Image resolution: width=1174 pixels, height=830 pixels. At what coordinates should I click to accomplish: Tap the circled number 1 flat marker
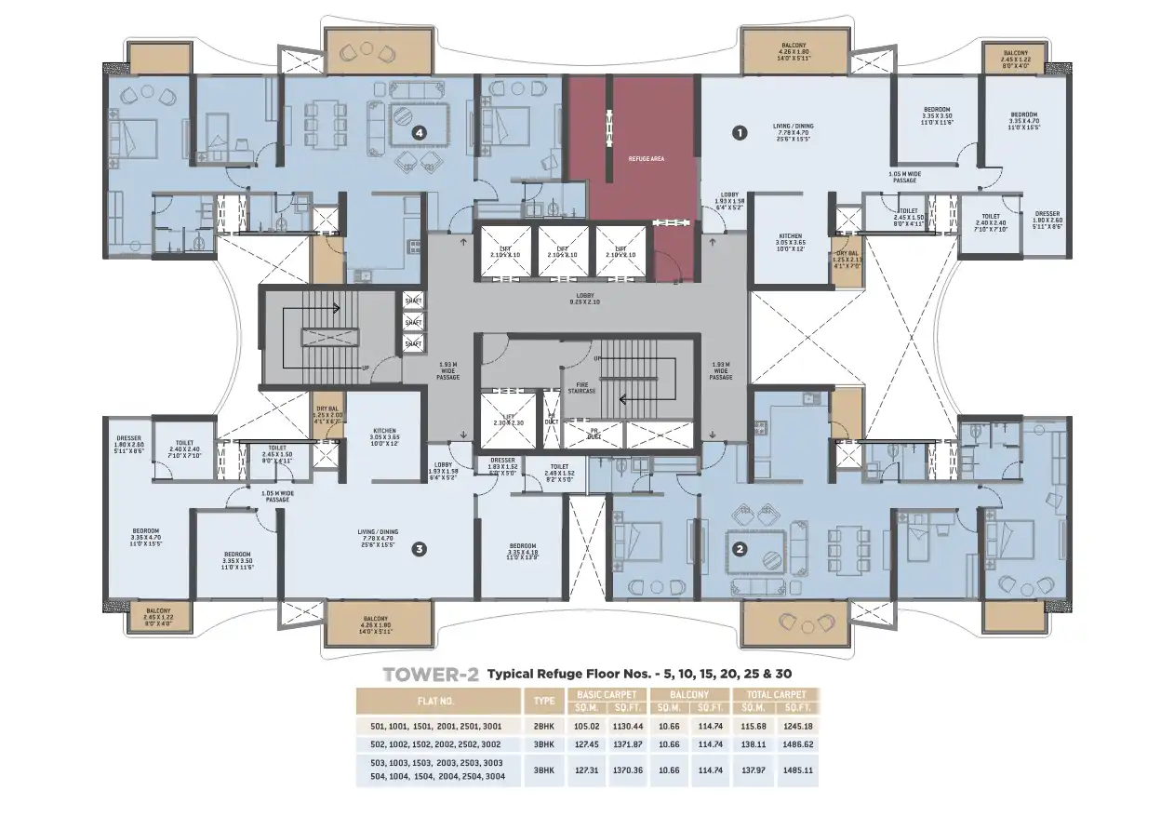coord(740,133)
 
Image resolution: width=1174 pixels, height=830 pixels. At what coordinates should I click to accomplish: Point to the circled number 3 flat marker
coord(419,549)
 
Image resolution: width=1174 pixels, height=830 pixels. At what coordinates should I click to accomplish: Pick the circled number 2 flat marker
coord(740,548)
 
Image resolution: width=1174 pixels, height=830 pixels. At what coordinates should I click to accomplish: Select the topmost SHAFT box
coord(413,300)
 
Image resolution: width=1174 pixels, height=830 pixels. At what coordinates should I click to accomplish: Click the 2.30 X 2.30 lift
coord(507,419)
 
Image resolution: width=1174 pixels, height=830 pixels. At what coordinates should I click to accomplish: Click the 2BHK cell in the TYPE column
coord(544,726)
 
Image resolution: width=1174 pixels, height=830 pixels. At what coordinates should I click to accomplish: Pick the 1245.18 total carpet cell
coord(798,726)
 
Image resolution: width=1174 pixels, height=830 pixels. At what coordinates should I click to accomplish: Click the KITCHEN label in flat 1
coord(789,241)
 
